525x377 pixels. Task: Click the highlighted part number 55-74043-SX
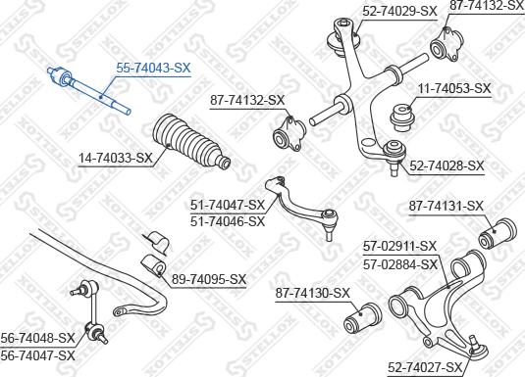coord(153,69)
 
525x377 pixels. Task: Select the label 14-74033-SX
coord(116,157)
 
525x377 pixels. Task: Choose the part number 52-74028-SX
coord(447,166)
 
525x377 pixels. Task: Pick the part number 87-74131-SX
coord(447,206)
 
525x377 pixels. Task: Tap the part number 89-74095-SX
coord(209,280)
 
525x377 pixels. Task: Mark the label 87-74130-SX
coord(312,293)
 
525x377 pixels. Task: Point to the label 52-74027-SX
coord(424,367)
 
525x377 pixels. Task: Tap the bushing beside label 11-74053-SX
coord(402,116)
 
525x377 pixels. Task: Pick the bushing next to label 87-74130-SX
coord(364,317)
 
